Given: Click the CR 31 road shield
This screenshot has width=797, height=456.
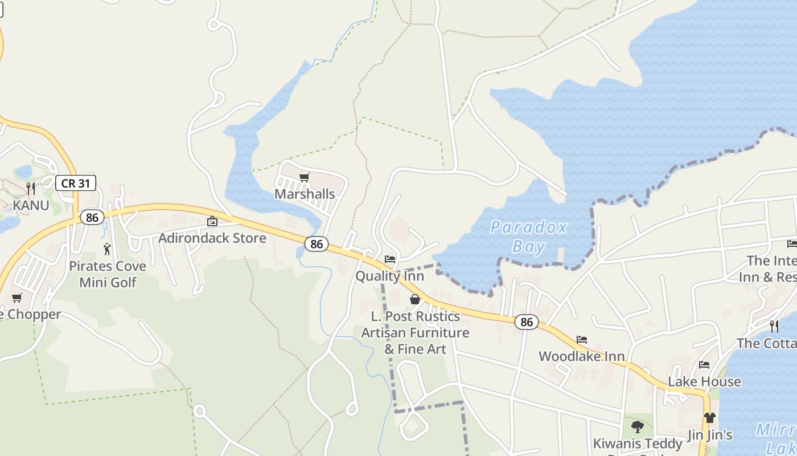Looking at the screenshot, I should [75, 183].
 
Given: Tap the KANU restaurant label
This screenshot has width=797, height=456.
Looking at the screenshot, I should [31, 205].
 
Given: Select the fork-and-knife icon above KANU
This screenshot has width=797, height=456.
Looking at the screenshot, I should [31, 188].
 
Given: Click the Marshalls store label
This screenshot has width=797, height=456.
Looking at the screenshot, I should [305, 194].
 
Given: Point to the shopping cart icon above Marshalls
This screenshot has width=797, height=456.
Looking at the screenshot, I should [305, 178].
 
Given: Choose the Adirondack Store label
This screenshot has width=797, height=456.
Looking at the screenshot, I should [212, 238].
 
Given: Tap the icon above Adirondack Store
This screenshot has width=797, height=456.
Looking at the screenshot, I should [212, 221].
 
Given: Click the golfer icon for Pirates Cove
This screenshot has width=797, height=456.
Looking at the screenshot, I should [107, 249].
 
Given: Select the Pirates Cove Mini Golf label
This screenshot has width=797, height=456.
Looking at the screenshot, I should [108, 274].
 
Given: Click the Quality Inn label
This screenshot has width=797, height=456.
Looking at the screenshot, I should [389, 276].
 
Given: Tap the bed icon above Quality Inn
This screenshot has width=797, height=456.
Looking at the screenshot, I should [390, 259].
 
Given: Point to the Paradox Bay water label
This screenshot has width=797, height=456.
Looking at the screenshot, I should [529, 237].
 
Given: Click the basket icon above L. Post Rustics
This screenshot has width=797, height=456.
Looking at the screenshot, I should [415, 299].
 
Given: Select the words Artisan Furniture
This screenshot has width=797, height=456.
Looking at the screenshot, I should [415, 332].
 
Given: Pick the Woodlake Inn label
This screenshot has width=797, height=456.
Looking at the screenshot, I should [581, 356].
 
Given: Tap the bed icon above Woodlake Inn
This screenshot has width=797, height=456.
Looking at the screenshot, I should [581, 340].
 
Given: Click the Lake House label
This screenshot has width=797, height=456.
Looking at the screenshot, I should [704, 381].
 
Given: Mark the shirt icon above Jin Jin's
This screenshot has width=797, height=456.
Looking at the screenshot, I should [709, 418].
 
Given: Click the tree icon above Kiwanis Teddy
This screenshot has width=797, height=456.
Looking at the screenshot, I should [638, 426].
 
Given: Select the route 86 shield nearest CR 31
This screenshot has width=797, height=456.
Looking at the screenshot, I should [92, 217].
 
